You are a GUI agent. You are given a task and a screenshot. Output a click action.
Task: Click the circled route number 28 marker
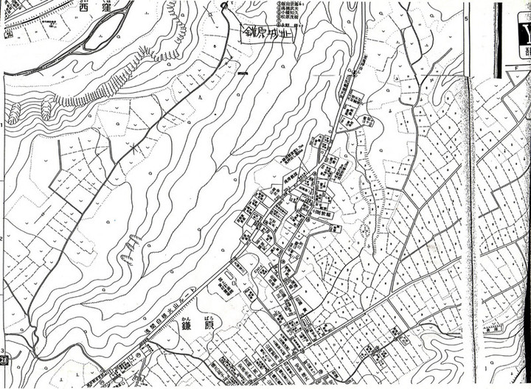(x=6, y=359)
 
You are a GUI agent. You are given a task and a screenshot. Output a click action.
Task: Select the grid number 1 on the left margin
(x=2, y=126)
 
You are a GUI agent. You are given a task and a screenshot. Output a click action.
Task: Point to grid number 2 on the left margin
(x=2, y=239)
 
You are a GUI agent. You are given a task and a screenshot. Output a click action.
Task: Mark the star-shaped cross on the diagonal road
(x=133, y=150)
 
